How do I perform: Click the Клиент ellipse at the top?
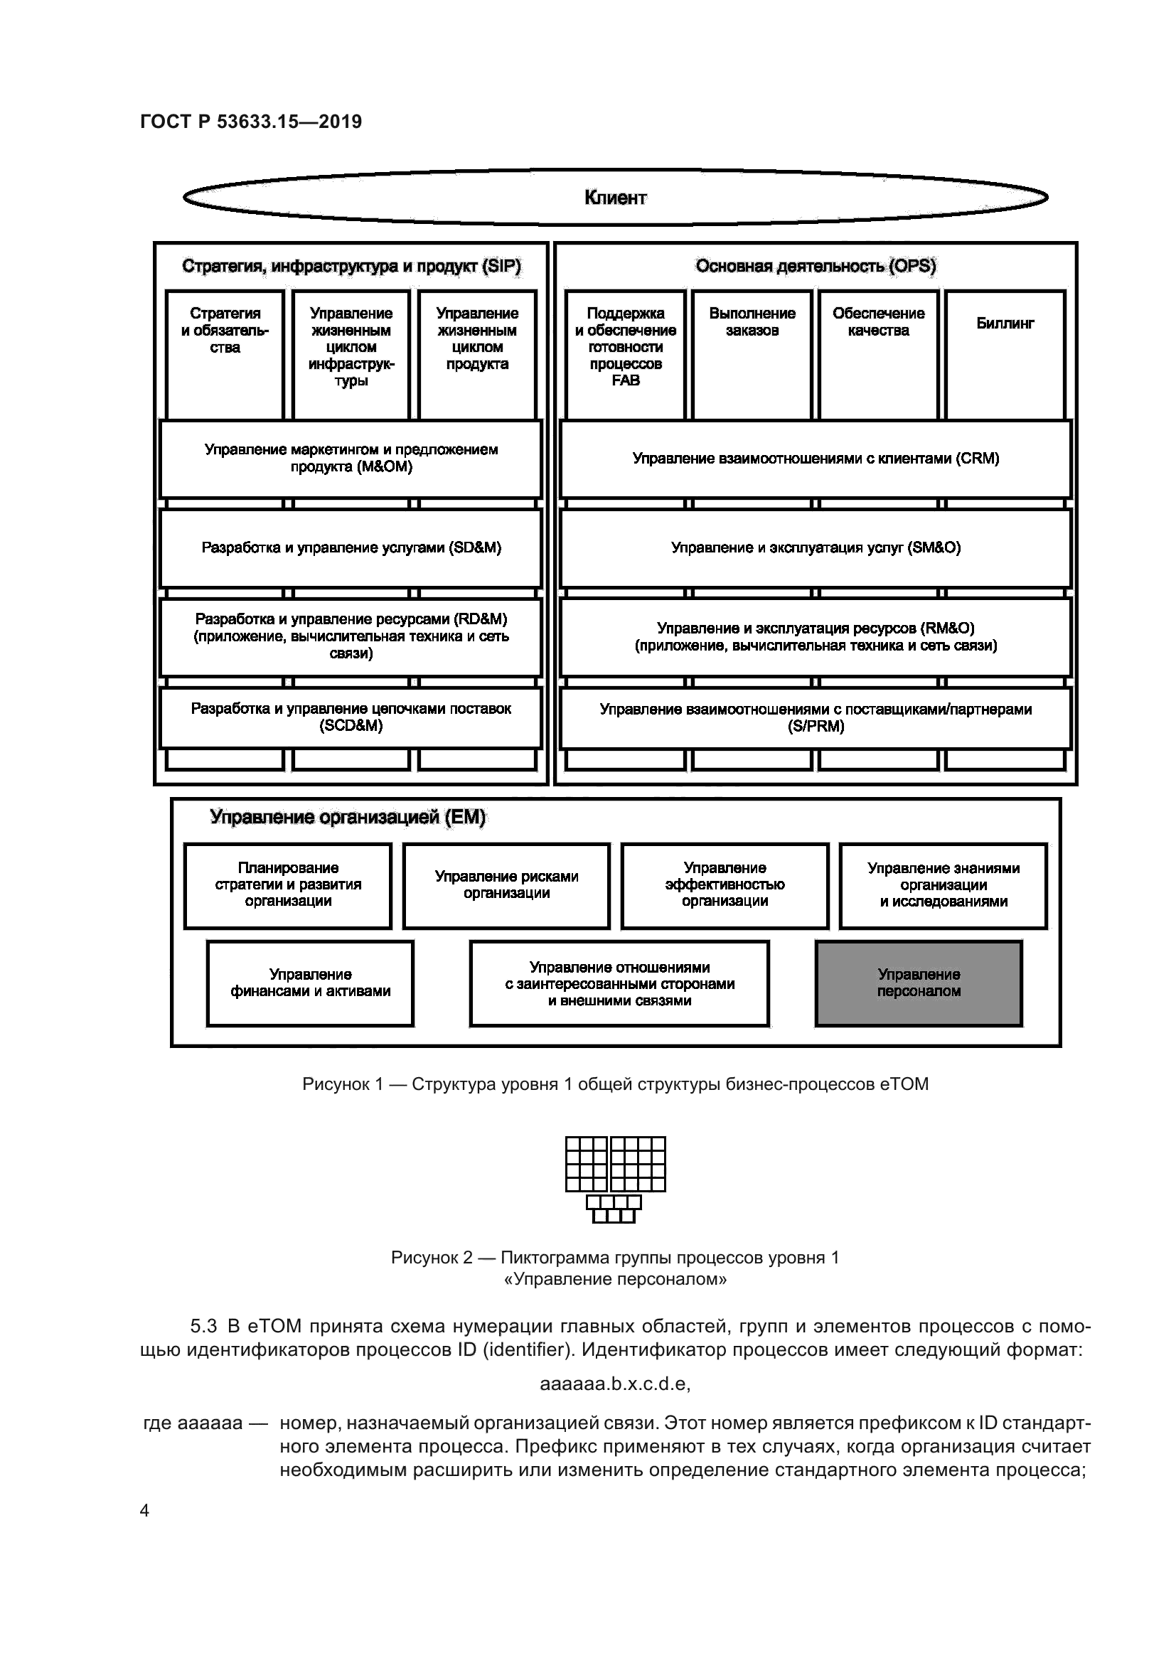[615, 197]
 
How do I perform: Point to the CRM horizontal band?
[816, 459]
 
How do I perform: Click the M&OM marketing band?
[351, 459]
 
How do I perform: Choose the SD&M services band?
[351, 547]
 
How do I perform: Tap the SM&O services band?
[816, 547]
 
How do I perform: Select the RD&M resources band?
[351, 636]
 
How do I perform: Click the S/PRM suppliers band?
[816, 718]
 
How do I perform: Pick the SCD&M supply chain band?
[351, 718]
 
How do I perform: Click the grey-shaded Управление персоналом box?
[919, 983]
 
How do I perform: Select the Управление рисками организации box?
[506, 885]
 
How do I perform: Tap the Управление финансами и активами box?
[310, 983]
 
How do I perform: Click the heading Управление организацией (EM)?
[348, 818]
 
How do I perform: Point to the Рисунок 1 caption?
[615, 1084]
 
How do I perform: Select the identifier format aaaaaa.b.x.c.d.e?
[615, 1384]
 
